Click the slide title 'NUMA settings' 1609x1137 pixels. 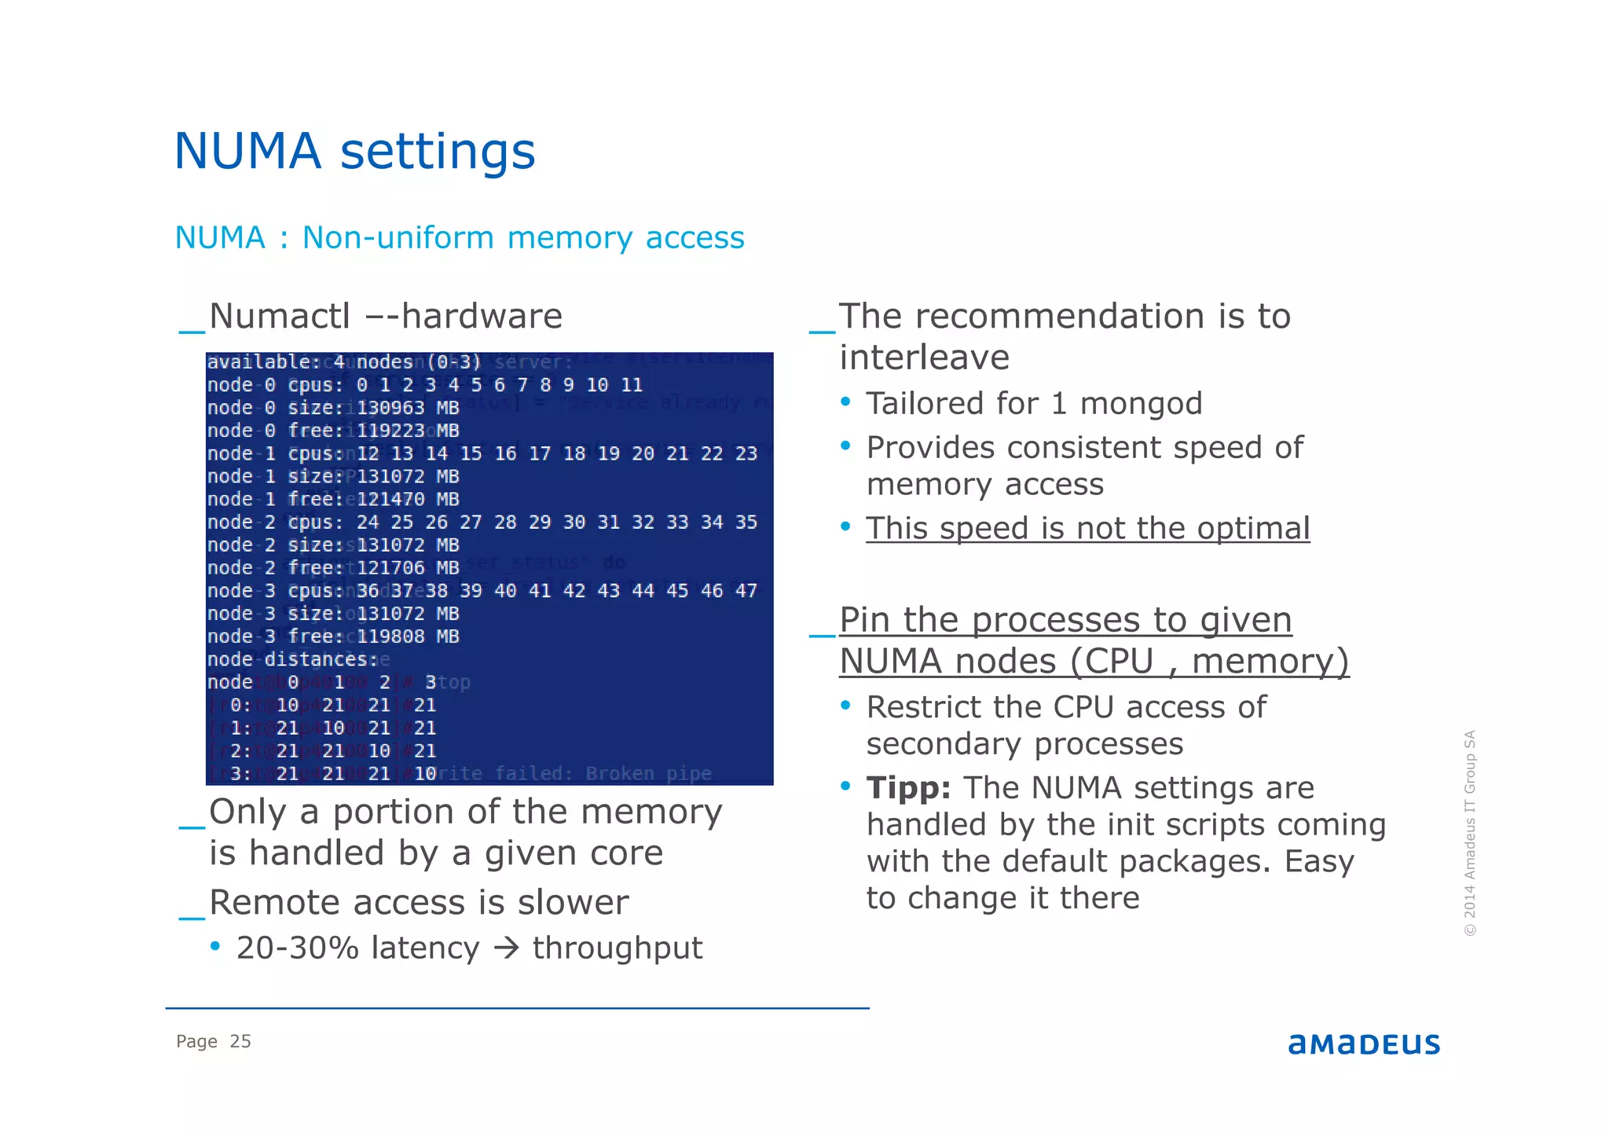pyautogui.click(x=354, y=151)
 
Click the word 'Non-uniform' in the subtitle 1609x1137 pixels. pyautogui.click(x=398, y=237)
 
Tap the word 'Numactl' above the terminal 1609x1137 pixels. pyautogui.click(x=279, y=316)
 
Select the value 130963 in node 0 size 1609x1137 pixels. pyautogui.click(x=390, y=408)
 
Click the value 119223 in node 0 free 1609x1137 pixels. pyautogui.click(x=390, y=431)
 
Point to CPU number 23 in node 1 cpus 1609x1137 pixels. pyautogui.click(x=746, y=453)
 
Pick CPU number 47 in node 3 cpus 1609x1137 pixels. pyautogui.click(x=746, y=591)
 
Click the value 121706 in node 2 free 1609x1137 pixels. pyautogui.click(x=390, y=568)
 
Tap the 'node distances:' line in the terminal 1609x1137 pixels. pyautogui.click(x=292, y=659)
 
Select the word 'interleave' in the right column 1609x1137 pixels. pyautogui.click(x=924, y=358)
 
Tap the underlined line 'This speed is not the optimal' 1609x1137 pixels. pyautogui.click(x=1087, y=528)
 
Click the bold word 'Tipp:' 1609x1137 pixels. pyautogui.click(x=908, y=787)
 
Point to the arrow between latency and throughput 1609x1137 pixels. pyautogui.click(x=507, y=948)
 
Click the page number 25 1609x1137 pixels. pyautogui.click(x=240, y=1041)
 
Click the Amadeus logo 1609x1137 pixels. pyautogui.click(x=1363, y=1044)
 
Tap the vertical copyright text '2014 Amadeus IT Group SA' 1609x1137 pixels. pyautogui.click(x=1469, y=833)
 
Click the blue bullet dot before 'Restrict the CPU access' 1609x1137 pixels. pyautogui.click(x=845, y=706)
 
